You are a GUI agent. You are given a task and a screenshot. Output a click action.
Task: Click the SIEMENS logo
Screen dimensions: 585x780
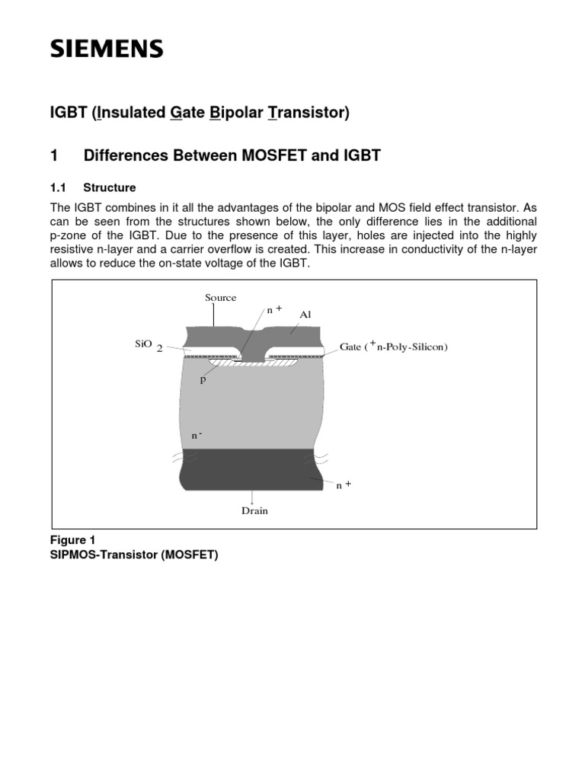tap(107, 50)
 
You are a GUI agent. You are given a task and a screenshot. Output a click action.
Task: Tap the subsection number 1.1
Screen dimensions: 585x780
tap(59, 187)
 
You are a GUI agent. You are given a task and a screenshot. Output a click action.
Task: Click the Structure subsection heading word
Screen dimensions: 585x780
tap(110, 187)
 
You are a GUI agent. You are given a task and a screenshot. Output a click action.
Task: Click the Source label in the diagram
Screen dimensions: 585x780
tap(220, 298)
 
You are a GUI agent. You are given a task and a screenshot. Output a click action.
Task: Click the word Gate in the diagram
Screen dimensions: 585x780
tap(351, 347)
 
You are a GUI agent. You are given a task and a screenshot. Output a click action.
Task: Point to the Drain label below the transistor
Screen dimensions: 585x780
tap(254, 510)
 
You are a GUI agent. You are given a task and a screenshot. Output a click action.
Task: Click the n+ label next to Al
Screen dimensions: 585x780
tap(273, 311)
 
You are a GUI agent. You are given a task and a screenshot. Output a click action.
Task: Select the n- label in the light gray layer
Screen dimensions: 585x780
tap(196, 435)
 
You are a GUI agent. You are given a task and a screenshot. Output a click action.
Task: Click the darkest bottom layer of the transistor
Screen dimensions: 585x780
tap(251, 468)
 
